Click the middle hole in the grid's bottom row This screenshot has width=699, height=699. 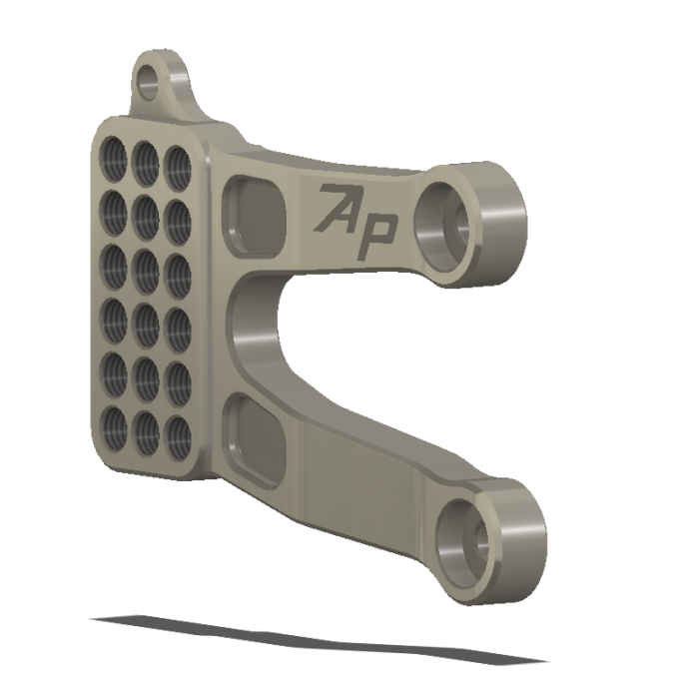pyautogui.click(x=148, y=427)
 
